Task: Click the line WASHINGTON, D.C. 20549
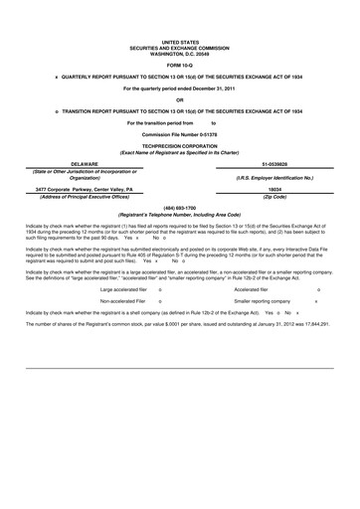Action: click(x=180, y=52)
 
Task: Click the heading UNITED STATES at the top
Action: click(x=180, y=42)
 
